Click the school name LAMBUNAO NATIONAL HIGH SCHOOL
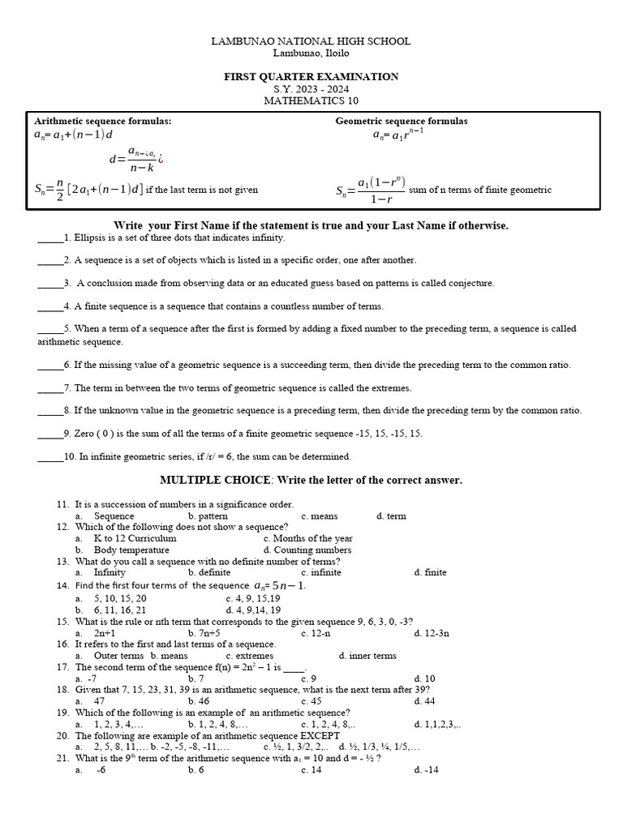[311, 41]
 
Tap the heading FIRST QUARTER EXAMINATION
[311, 77]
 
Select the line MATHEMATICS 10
[311, 101]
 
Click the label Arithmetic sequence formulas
[102, 122]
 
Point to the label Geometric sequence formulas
[402, 122]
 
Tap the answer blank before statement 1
[49, 238]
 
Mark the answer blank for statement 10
[50, 457]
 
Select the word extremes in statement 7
[392, 388]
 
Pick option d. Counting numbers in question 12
[307, 550]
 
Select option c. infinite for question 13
[320, 572]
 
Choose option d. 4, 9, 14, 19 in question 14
[253, 610]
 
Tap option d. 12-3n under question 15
[432, 633]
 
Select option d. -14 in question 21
[426, 770]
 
